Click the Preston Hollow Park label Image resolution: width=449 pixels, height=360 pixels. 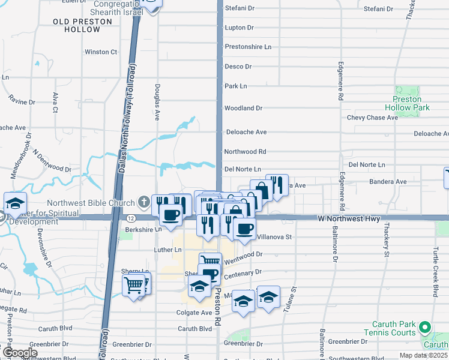[x=411, y=103]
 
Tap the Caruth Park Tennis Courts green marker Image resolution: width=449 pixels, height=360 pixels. [x=425, y=327]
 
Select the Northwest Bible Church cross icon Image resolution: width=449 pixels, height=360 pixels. [x=144, y=202]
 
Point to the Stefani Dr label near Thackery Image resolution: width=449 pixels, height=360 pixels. [x=378, y=9]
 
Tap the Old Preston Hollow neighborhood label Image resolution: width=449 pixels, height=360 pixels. [x=82, y=25]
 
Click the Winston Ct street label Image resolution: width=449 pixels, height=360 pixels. [x=101, y=52]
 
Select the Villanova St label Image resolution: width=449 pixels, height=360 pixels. [x=274, y=237]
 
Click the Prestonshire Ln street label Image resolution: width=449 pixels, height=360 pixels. [x=248, y=46]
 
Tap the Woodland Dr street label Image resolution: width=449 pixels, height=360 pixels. [x=243, y=109]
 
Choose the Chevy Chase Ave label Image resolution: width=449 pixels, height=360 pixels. [x=372, y=118]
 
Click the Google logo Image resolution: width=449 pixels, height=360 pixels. [x=19, y=353]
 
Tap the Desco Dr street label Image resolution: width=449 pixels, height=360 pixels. [x=238, y=67]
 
